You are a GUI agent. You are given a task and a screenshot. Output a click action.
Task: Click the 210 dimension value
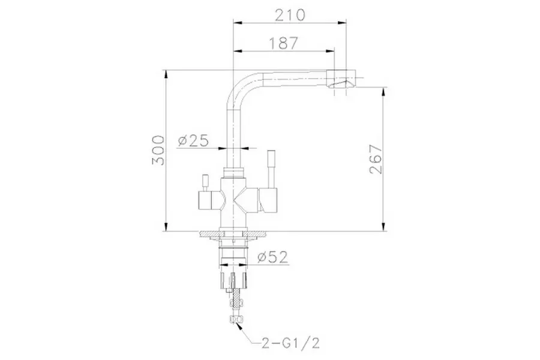290,15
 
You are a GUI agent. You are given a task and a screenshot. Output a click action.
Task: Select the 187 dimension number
283,43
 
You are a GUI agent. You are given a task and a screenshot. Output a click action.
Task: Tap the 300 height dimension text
158,150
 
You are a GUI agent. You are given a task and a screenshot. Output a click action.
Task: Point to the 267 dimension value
376,159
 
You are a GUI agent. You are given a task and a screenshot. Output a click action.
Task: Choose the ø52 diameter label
272,257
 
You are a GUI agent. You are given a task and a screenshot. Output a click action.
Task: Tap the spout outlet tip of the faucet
341,79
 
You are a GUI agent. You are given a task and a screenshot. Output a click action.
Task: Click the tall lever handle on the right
271,169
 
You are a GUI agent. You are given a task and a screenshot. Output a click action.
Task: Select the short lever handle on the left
205,183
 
